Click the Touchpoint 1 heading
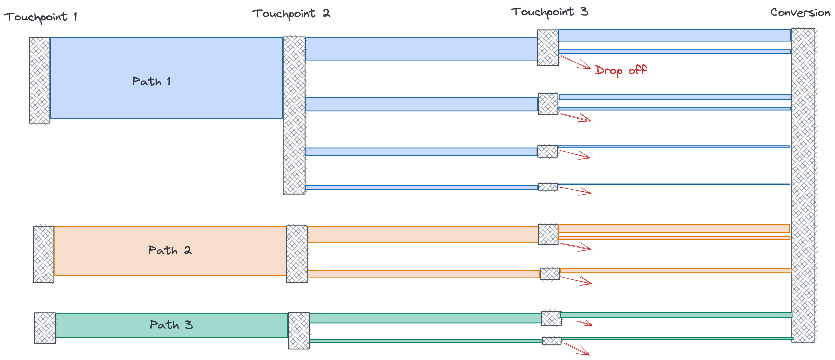click(41, 17)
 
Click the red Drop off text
click(621, 70)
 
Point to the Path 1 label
click(151, 81)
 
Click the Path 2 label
click(170, 250)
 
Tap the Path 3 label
click(171, 325)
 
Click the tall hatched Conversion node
click(803, 185)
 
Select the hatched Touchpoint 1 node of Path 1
click(39, 80)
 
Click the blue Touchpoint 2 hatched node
click(294, 115)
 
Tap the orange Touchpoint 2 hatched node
click(297, 254)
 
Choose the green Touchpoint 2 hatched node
click(299, 330)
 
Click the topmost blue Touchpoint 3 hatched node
click(548, 48)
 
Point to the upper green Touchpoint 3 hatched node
click(551, 319)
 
